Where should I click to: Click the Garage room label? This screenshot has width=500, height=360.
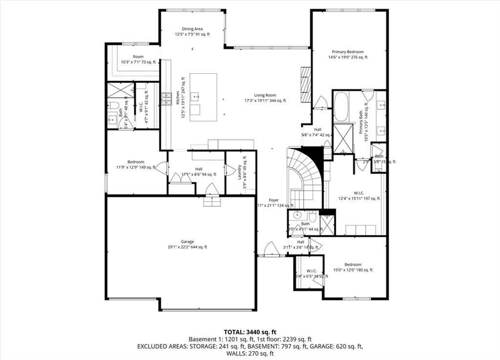187,244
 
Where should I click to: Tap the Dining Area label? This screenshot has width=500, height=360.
192,32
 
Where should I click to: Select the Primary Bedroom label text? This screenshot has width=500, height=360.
348,54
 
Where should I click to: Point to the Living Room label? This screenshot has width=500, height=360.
265,98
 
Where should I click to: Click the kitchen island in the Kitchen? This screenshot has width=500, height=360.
203,98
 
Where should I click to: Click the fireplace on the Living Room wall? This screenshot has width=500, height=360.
306,84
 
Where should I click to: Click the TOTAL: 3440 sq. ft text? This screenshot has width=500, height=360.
250,332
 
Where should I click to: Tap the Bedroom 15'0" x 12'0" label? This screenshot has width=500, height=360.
353,267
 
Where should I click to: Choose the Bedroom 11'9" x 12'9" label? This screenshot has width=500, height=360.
136,164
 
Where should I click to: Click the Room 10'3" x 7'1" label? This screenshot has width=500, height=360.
138,59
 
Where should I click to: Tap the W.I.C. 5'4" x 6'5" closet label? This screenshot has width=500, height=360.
311,274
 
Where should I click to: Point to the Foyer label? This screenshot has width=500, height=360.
273,203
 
